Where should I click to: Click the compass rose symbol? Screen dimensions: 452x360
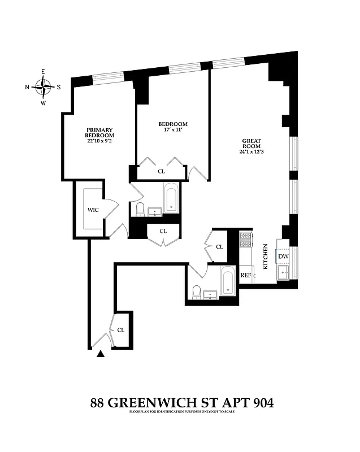[43, 87]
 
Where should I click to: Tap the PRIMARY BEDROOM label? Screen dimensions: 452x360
[100, 132]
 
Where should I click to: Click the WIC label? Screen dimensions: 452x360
[93, 210]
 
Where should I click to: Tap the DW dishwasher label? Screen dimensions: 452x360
[283, 257]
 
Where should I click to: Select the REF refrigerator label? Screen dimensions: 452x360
[246, 275]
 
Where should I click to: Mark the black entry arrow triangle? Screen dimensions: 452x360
[101, 354]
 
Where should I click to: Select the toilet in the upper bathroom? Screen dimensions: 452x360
[140, 210]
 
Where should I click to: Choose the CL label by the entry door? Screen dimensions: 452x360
[120, 330]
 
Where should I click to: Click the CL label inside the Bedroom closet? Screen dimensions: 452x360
[161, 171]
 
